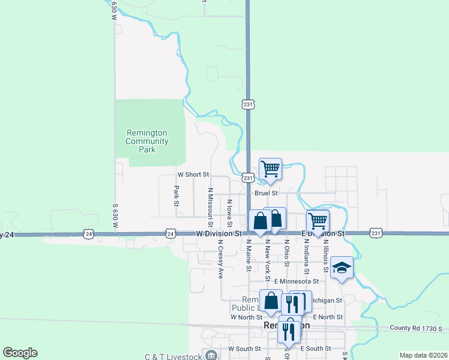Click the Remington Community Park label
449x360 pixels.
(x=146, y=141)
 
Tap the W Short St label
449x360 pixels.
(x=193, y=175)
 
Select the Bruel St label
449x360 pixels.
(x=266, y=193)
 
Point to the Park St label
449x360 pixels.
(x=176, y=196)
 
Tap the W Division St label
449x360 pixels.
(x=218, y=233)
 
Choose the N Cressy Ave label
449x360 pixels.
(x=220, y=259)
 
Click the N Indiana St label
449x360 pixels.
(x=306, y=255)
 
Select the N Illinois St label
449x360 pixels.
(x=325, y=255)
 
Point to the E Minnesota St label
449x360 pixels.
(x=297, y=281)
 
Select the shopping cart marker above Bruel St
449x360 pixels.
(x=271, y=170)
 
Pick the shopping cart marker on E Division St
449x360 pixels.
(x=318, y=221)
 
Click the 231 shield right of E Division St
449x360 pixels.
(x=376, y=233)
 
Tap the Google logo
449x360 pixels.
(x=20, y=353)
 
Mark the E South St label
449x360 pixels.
(x=316, y=349)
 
